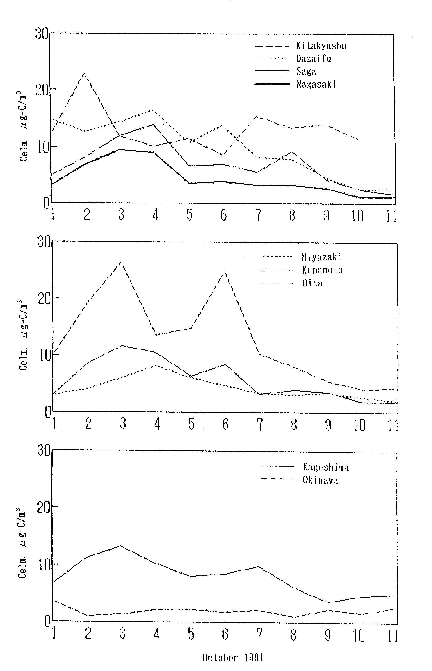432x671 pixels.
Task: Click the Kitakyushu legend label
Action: click(321, 46)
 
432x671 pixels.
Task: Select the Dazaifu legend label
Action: click(314, 59)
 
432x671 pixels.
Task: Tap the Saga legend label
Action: click(306, 71)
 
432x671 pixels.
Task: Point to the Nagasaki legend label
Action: click(316, 84)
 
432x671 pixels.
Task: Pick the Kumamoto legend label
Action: click(322, 270)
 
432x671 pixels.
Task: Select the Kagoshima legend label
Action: click(326, 467)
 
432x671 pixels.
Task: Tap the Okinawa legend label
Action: click(320, 480)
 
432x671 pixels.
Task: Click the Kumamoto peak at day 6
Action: click(224, 272)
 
